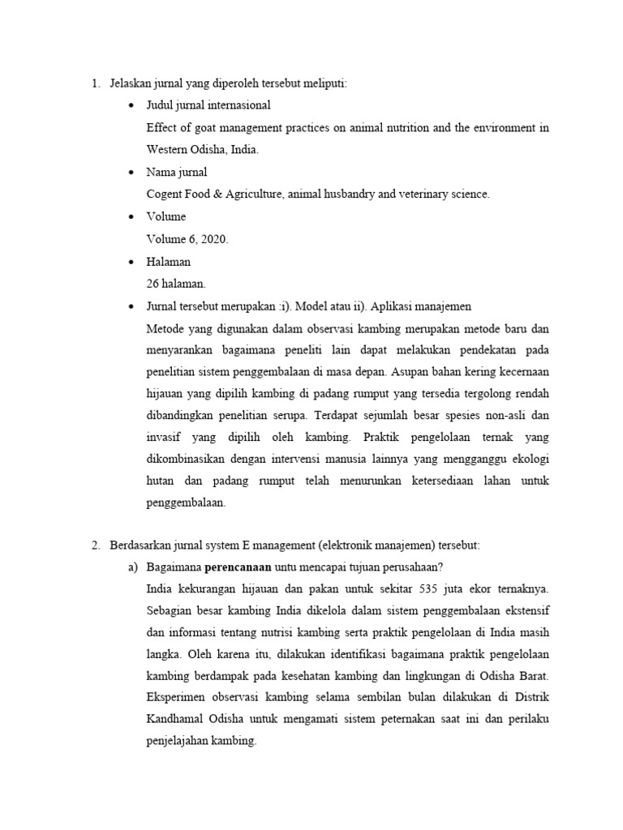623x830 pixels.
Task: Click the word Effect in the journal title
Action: pyautogui.click(x=161, y=127)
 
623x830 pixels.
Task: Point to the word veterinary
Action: pyautogui.click(x=410, y=195)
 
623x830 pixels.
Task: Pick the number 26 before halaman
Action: pyautogui.click(x=153, y=284)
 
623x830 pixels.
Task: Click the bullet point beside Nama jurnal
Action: pyautogui.click(x=131, y=173)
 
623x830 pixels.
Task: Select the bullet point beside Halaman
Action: pyautogui.click(x=131, y=262)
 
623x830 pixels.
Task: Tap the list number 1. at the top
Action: pyautogui.click(x=96, y=83)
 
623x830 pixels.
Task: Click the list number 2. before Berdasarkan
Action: pyautogui.click(x=96, y=543)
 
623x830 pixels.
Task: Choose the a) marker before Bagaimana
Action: pyautogui.click(x=133, y=566)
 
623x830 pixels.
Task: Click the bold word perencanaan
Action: pyautogui.click(x=238, y=566)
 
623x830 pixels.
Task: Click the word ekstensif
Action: pyautogui.click(x=523, y=609)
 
